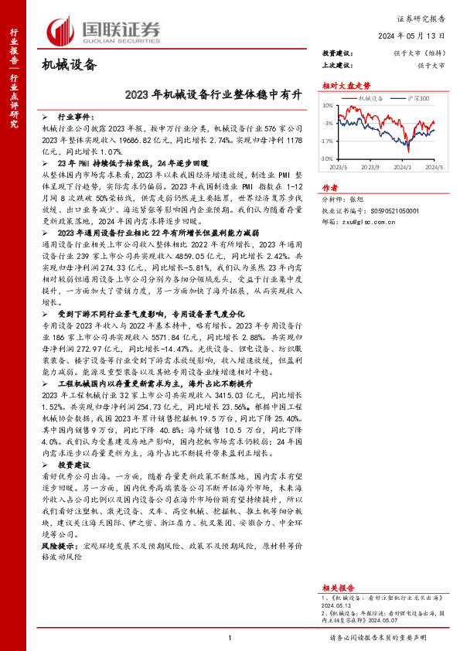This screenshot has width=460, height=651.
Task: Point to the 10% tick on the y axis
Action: (327, 105)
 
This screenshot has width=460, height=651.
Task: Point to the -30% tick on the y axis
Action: (327, 158)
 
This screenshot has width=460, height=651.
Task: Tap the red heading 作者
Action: (330, 187)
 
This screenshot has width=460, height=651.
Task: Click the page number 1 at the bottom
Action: (230, 637)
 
